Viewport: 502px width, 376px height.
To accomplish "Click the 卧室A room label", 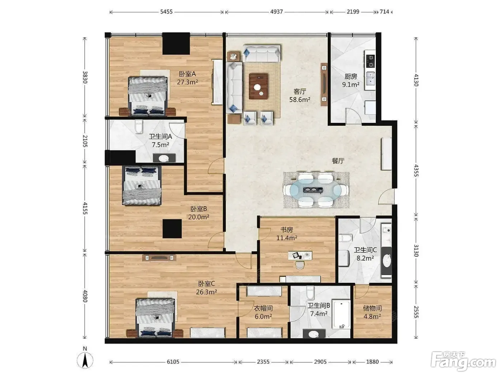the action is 187,74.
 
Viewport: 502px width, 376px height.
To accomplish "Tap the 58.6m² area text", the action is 300,100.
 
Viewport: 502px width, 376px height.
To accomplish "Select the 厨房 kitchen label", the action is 351,77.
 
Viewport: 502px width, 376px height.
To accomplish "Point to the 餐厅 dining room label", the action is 338,161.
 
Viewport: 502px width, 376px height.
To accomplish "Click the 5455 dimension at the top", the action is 166,12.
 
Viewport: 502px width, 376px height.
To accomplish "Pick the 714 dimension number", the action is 384,12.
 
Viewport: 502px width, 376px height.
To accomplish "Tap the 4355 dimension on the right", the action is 416,170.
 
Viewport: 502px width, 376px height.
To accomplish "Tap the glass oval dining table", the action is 316,190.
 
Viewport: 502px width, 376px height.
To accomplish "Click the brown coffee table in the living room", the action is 259,86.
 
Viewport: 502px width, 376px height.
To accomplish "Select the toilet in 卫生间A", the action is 139,127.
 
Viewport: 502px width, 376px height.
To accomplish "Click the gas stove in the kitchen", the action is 370,61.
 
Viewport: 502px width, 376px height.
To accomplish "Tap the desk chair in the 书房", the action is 300,265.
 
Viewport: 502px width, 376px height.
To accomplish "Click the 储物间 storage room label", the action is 372,308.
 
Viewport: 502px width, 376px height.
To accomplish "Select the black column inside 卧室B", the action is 172,229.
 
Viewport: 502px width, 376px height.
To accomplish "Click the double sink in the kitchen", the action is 370,78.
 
